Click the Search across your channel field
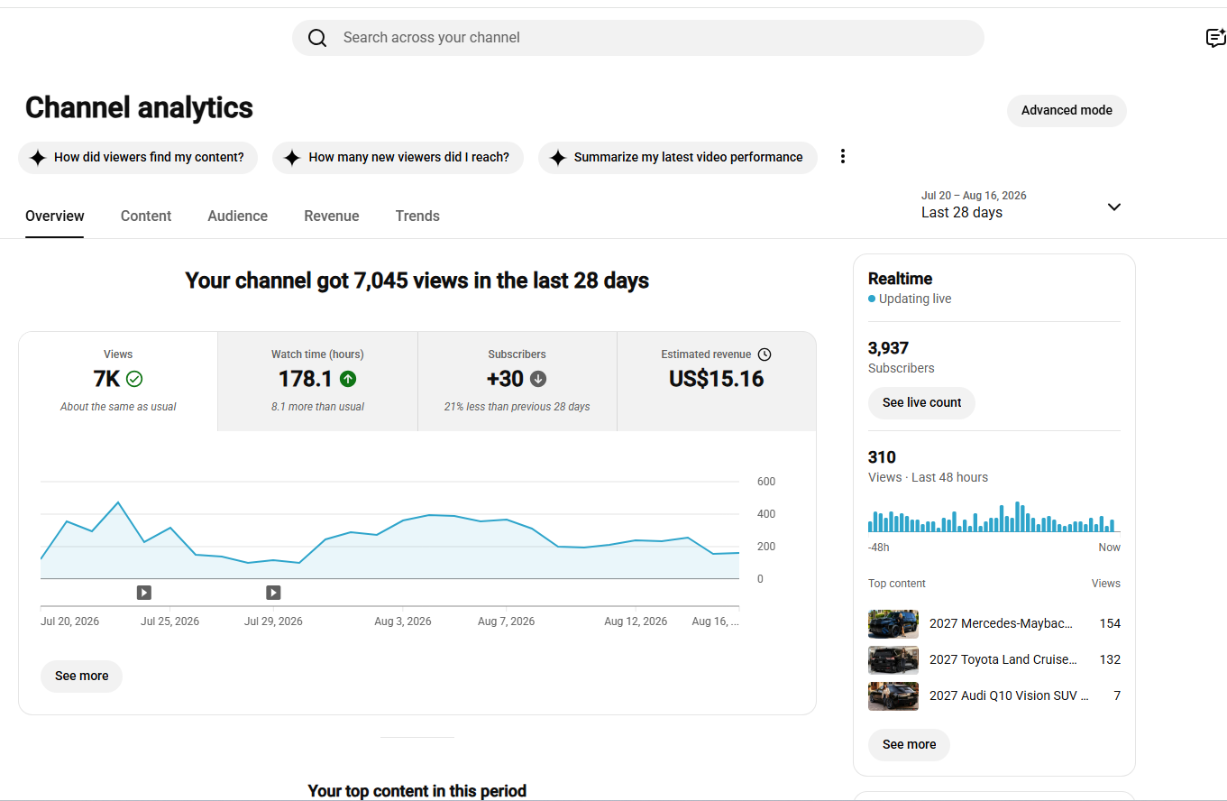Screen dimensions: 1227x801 coord(637,38)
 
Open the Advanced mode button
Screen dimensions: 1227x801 coord(1067,111)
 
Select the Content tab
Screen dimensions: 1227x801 coord(146,216)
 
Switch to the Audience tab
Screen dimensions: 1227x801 coord(237,216)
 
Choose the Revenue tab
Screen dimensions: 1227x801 coord(332,216)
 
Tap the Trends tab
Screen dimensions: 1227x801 coord(417,216)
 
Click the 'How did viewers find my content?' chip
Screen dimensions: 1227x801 coord(138,158)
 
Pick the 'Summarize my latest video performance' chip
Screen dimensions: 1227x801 coord(678,158)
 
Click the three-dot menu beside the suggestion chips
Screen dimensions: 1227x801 coord(843,157)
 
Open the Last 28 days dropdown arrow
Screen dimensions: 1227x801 coord(1114,207)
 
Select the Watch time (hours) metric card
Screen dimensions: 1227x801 coord(317,382)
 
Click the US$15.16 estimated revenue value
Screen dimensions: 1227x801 coord(716,379)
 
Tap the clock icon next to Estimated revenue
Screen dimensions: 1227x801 coord(765,354)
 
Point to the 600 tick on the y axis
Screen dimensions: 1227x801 coord(765,482)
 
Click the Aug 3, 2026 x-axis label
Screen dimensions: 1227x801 coord(403,621)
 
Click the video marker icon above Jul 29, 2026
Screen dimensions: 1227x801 coord(273,593)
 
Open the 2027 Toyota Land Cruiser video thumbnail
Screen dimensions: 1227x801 coord(893,660)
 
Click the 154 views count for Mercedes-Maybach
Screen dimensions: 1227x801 coord(1110,623)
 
